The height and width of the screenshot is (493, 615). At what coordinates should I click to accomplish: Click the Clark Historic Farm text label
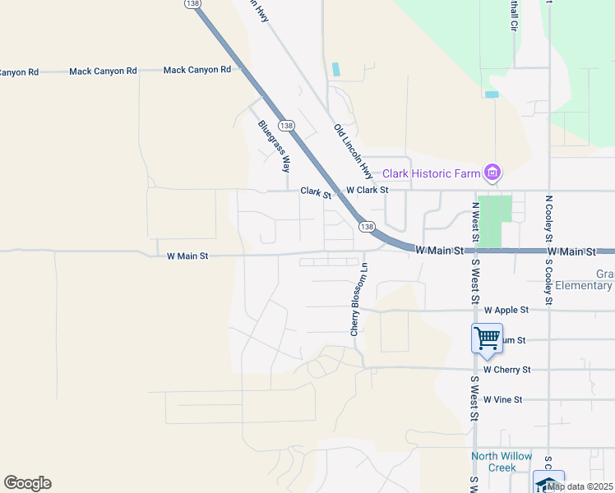click(432, 173)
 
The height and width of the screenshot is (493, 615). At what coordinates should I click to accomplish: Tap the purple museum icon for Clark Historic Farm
click(492, 173)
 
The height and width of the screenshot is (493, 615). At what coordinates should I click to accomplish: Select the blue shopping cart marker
click(487, 338)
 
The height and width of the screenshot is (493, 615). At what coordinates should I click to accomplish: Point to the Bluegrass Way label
click(275, 146)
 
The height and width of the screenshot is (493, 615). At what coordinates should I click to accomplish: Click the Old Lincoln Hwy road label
click(353, 152)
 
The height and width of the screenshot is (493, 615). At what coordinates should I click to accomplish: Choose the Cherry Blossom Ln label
click(356, 299)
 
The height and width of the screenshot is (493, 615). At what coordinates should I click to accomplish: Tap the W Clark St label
click(366, 190)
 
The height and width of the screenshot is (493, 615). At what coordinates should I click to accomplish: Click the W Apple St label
click(506, 311)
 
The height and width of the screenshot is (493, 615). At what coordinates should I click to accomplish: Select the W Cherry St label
click(507, 370)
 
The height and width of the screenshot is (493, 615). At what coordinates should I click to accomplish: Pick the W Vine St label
click(503, 399)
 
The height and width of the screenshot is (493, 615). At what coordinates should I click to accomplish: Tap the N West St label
click(475, 222)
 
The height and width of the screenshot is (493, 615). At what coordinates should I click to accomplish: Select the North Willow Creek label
click(502, 462)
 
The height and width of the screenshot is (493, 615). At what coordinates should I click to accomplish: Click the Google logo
click(27, 483)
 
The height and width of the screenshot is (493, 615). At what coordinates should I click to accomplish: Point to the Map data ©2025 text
click(580, 486)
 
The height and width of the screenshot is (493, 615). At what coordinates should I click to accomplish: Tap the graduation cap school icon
click(548, 482)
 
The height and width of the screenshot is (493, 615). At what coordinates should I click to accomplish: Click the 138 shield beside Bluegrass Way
click(286, 126)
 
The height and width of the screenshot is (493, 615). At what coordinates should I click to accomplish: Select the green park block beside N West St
click(494, 220)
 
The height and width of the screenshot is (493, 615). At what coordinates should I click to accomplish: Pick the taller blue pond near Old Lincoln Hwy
click(335, 70)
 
